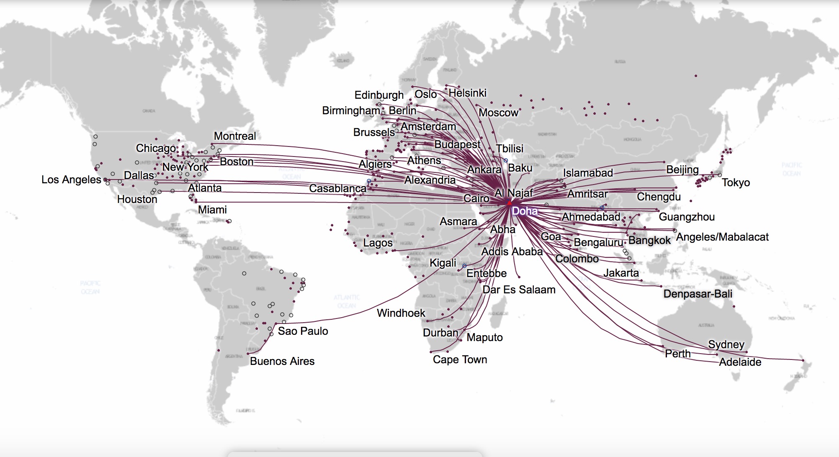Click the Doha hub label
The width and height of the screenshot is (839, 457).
pos(525,211)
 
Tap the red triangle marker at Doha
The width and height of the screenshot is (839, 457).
pos(509,203)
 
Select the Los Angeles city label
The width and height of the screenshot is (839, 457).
pos(71,180)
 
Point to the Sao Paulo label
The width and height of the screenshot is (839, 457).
pos(303,331)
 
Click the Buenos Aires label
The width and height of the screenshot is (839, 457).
pos(282,361)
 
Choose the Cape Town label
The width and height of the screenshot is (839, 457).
pos(460,359)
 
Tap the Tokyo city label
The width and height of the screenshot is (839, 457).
pos(736,182)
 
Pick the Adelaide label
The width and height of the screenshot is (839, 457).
pos(740,362)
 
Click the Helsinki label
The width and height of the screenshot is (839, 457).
pos(467,93)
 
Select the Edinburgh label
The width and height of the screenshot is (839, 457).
pos(379,95)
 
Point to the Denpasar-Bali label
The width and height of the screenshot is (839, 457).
pos(697,294)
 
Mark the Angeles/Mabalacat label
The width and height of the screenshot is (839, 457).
pos(722,237)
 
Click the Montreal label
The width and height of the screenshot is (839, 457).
pos(234,136)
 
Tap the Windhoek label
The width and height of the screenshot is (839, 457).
pos(401,313)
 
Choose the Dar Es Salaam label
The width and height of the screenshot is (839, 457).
pos(519,290)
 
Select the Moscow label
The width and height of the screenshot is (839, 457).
pos(498,113)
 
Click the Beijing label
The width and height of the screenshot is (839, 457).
pos(682,169)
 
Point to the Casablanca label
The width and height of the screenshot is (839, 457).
pos(337,188)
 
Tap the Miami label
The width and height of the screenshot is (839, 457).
pos(212,210)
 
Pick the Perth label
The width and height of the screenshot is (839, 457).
pos(677,354)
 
